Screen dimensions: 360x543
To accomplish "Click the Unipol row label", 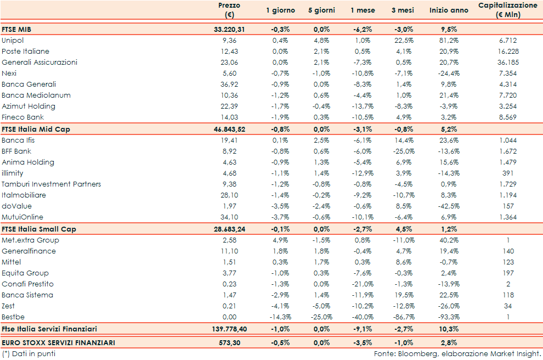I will tap(13, 41).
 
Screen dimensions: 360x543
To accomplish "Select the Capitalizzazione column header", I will tap(508, 10).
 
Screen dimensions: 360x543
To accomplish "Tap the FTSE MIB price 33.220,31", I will tap(229, 30).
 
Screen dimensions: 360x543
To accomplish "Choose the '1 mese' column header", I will tap(363, 10).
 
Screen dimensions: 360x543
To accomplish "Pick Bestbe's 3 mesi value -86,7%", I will tap(404, 317).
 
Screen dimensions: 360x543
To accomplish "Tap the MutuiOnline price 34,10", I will tap(229, 217).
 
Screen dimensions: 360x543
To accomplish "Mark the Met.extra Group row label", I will tap(31, 240).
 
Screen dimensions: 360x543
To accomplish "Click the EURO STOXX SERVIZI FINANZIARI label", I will tap(59, 342).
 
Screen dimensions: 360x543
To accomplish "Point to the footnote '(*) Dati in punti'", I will tap(29, 354).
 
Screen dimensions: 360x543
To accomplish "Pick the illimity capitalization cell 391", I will tap(508, 173).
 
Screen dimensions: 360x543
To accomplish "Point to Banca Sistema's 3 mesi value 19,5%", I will tap(404, 295).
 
